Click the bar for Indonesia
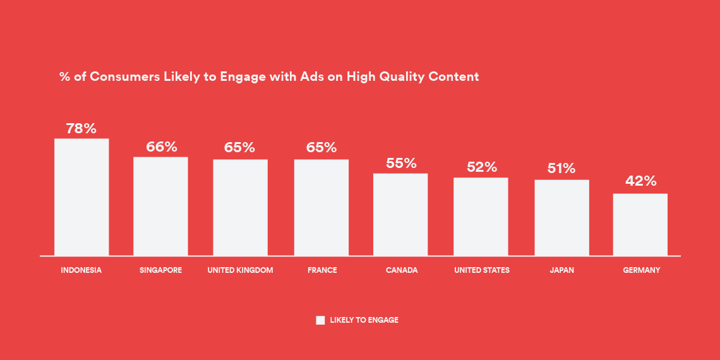(81, 197)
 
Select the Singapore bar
(160, 206)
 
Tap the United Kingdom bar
(240, 208)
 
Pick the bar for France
(321, 208)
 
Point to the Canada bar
(400, 215)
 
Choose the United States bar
(481, 217)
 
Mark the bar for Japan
(561, 218)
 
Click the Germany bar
(640, 225)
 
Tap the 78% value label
(81, 129)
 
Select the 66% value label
(162, 147)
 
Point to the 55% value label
(401, 163)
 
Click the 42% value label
(641, 181)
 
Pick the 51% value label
(561, 169)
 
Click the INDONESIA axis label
(81, 270)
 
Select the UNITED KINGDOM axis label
(240, 270)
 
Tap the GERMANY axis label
(642, 270)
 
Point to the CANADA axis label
(402, 270)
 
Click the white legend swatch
(320, 320)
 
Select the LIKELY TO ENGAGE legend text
(364, 320)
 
